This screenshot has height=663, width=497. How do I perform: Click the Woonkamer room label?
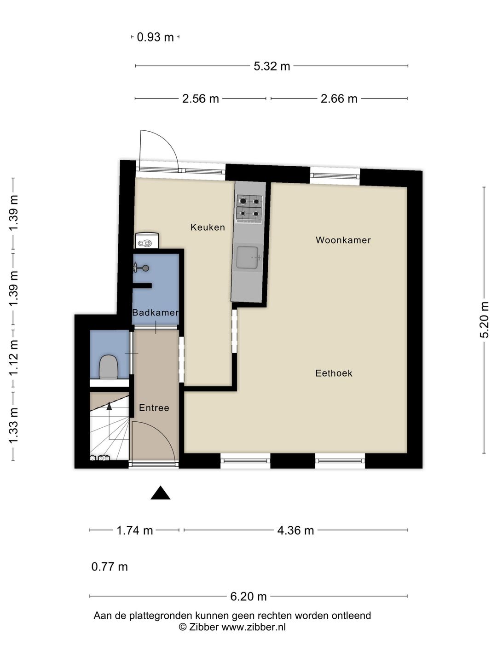[x=343, y=240]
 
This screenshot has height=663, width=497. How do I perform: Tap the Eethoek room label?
[x=334, y=373]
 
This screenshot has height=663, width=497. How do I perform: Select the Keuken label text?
[x=208, y=227]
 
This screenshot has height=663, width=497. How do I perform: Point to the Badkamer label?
[x=155, y=313]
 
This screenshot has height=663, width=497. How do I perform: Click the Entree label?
[x=154, y=408]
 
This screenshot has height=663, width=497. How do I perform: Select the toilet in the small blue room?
[x=109, y=366]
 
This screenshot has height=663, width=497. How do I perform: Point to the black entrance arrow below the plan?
[x=160, y=493]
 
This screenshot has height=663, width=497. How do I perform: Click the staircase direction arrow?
[x=109, y=406]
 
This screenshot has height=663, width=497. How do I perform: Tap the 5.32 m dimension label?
[x=272, y=66]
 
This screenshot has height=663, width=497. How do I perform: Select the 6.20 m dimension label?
[x=248, y=597]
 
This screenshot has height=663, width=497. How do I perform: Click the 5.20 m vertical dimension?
[x=484, y=320]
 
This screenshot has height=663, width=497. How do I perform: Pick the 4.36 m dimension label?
[x=295, y=530]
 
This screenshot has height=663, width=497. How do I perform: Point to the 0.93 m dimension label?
[x=155, y=37]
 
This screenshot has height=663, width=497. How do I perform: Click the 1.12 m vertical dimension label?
[x=13, y=357]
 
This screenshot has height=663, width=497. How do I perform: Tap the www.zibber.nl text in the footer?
[x=254, y=627]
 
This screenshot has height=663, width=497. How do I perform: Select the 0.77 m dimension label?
[x=110, y=567]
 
